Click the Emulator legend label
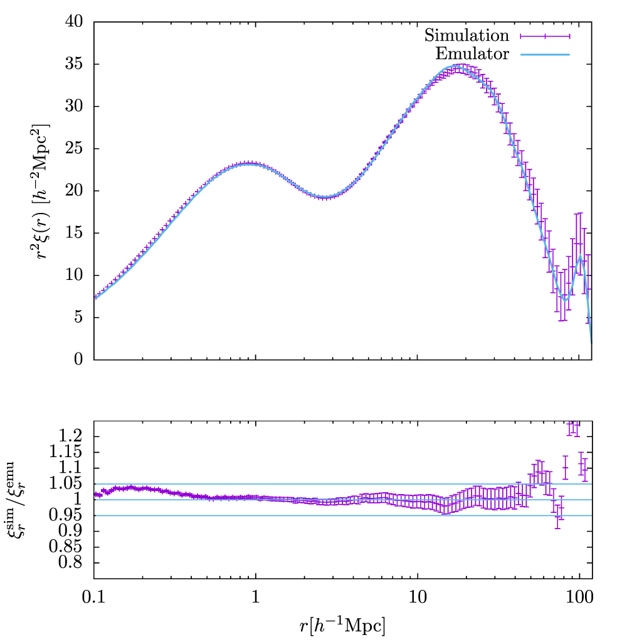click(x=472, y=54)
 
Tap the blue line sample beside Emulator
click(x=544, y=54)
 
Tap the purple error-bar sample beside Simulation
click(x=544, y=35)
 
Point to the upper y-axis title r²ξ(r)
click(x=45, y=190)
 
